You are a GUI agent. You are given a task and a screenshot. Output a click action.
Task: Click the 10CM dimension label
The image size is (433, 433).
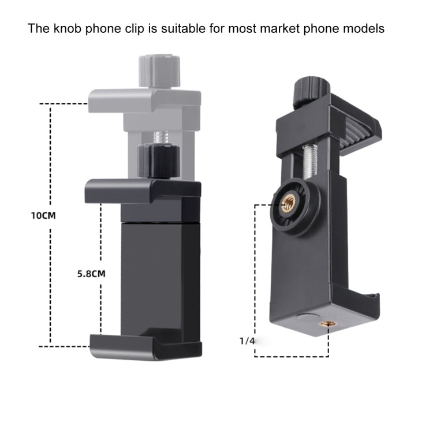coord(43,215)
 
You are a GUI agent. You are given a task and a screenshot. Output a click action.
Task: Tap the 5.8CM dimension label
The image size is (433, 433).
coord(91,274)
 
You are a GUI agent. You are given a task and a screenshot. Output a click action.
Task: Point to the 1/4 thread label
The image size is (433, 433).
coord(247,341)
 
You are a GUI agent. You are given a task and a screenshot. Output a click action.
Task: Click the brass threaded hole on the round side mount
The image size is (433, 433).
coord(287,203)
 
